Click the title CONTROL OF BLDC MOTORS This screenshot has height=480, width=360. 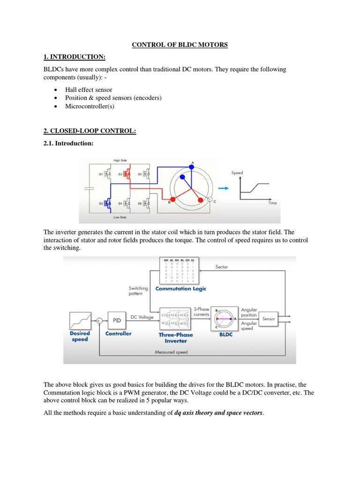click(x=180, y=45)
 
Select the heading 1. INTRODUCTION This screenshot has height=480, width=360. click(x=75, y=57)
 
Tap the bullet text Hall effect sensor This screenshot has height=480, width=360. click(x=89, y=90)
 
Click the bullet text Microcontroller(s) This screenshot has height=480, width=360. click(x=90, y=106)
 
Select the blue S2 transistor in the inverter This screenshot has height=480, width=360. click(x=108, y=203)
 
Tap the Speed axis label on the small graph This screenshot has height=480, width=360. click(x=237, y=173)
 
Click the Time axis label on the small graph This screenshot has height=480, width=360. click(x=272, y=203)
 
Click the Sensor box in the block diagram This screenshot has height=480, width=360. click(x=269, y=319)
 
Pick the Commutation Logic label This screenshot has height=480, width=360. click(x=180, y=289)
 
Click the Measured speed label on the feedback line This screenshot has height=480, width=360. click(x=171, y=352)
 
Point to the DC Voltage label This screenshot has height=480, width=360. click(x=142, y=317)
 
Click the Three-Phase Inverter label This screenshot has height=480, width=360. click(x=176, y=337)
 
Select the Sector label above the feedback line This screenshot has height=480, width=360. click(x=222, y=267)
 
